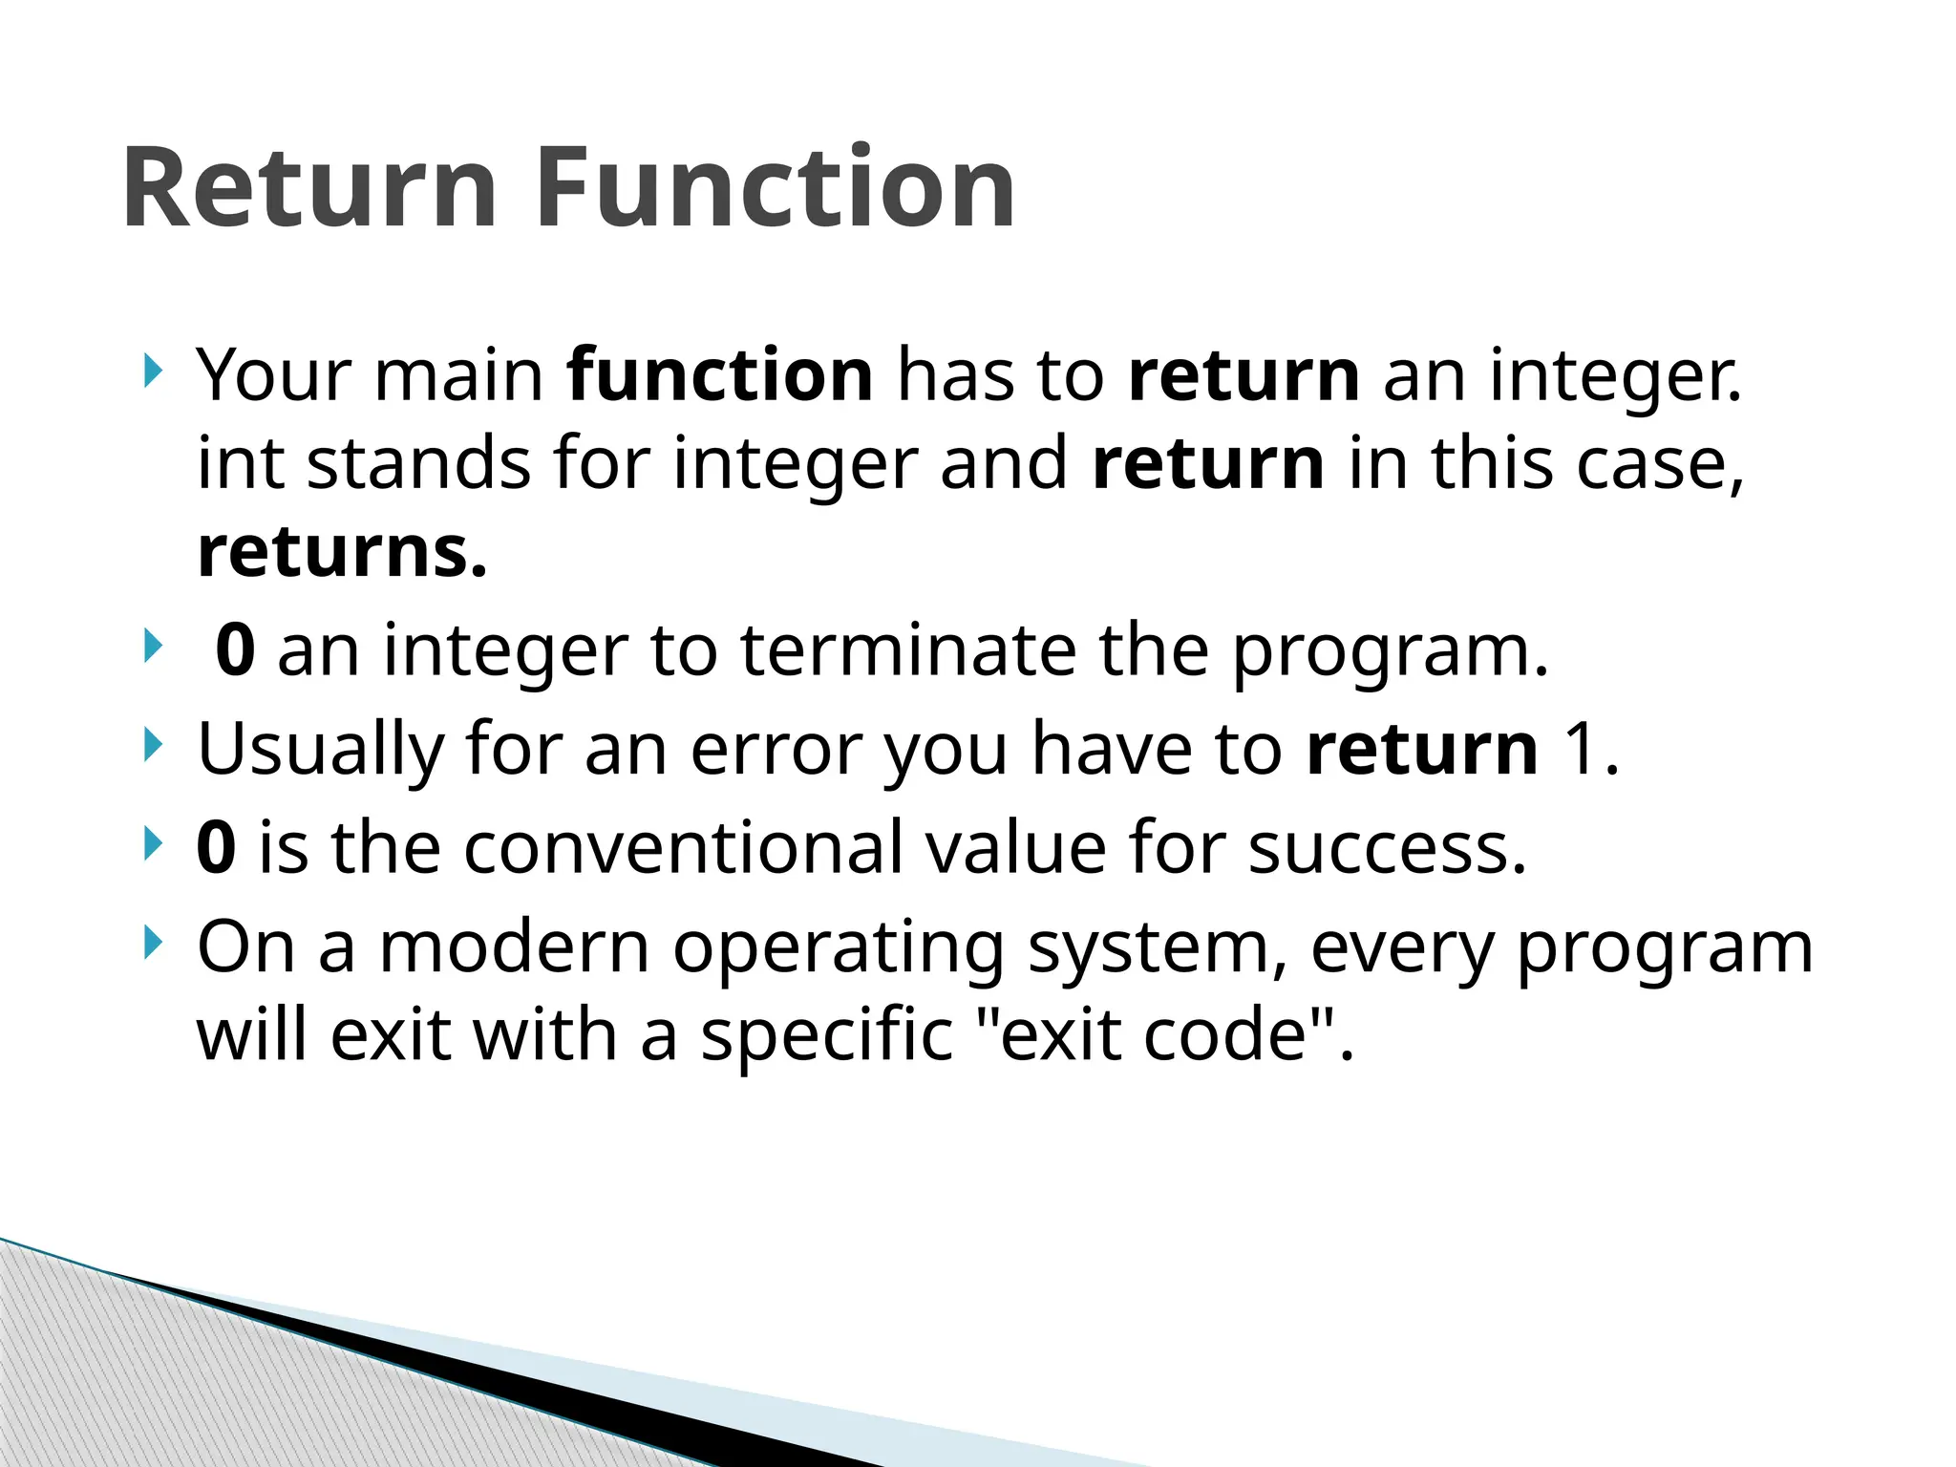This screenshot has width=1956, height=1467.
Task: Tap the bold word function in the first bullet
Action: (x=719, y=375)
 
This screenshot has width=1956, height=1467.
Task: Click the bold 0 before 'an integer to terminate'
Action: (x=235, y=650)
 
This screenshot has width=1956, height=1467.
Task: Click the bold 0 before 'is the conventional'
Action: (x=216, y=847)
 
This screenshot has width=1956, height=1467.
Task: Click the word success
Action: (x=1386, y=847)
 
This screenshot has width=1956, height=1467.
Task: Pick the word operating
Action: (x=838, y=948)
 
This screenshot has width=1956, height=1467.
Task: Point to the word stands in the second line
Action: (x=418, y=464)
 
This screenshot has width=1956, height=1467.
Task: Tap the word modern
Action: (x=514, y=948)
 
